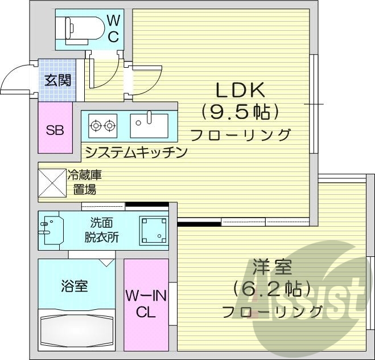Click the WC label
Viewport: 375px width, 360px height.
pos(113,29)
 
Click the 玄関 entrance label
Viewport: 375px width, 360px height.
pos(57,80)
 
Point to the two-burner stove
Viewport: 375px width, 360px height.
pos(102,125)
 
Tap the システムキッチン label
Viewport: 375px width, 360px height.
pos(135,152)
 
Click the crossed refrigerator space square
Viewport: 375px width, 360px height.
pos(52,183)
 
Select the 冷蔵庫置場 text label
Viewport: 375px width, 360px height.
pos(85,182)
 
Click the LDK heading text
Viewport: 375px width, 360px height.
pos(239,91)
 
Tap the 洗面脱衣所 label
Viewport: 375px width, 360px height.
pos(103,230)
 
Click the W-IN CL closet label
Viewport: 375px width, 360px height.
pos(146,304)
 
